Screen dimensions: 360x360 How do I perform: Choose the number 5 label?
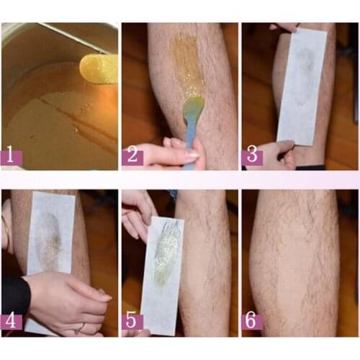(x=132, y=320)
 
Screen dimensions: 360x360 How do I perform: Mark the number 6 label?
(x=252, y=320)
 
